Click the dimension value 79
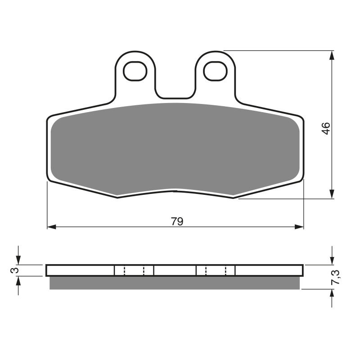click(177, 221)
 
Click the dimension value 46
click(326, 128)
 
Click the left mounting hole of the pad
click(135, 71)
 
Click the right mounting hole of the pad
click(215, 71)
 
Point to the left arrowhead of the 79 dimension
click(51, 226)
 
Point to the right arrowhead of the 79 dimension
click(300, 226)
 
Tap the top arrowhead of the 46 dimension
click(332, 55)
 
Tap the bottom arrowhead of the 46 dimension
click(332, 194)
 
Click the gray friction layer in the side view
click(175, 282)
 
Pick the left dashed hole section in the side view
click(134, 270)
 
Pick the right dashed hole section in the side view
click(216, 270)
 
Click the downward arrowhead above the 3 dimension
click(18, 260)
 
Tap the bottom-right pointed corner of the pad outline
click(233, 197)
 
